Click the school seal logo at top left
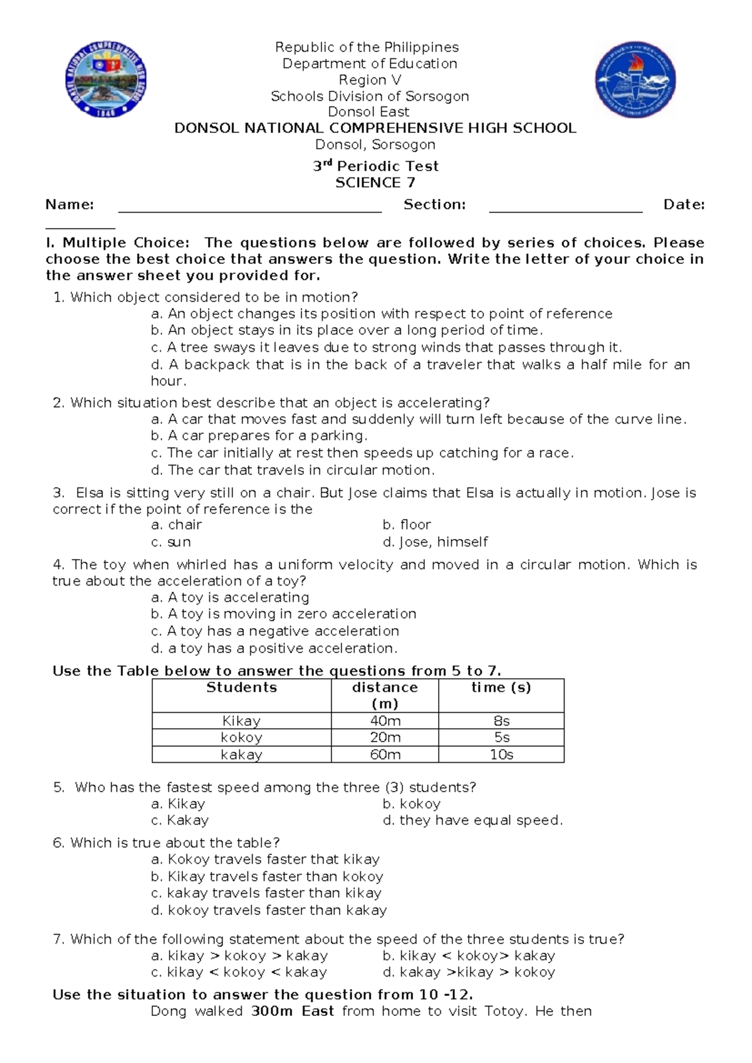(x=105, y=79)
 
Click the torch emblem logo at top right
(x=635, y=80)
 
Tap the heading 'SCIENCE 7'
(x=375, y=182)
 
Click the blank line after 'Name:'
(x=249, y=209)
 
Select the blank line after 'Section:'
(x=565, y=209)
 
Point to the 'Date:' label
(x=684, y=204)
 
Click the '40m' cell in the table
(x=385, y=721)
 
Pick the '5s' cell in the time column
(x=501, y=738)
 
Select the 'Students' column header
(x=241, y=688)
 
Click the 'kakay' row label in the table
(x=241, y=755)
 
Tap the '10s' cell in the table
(x=501, y=755)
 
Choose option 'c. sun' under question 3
(x=171, y=542)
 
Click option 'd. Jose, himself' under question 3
(x=435, y=542)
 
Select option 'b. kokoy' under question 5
(x=411, y=804)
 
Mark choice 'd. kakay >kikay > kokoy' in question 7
(x=469, y=972)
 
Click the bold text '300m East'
(x=292, y=1011)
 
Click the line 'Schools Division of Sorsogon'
(x=369, y=96)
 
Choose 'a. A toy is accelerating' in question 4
(x=230, y=597)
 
